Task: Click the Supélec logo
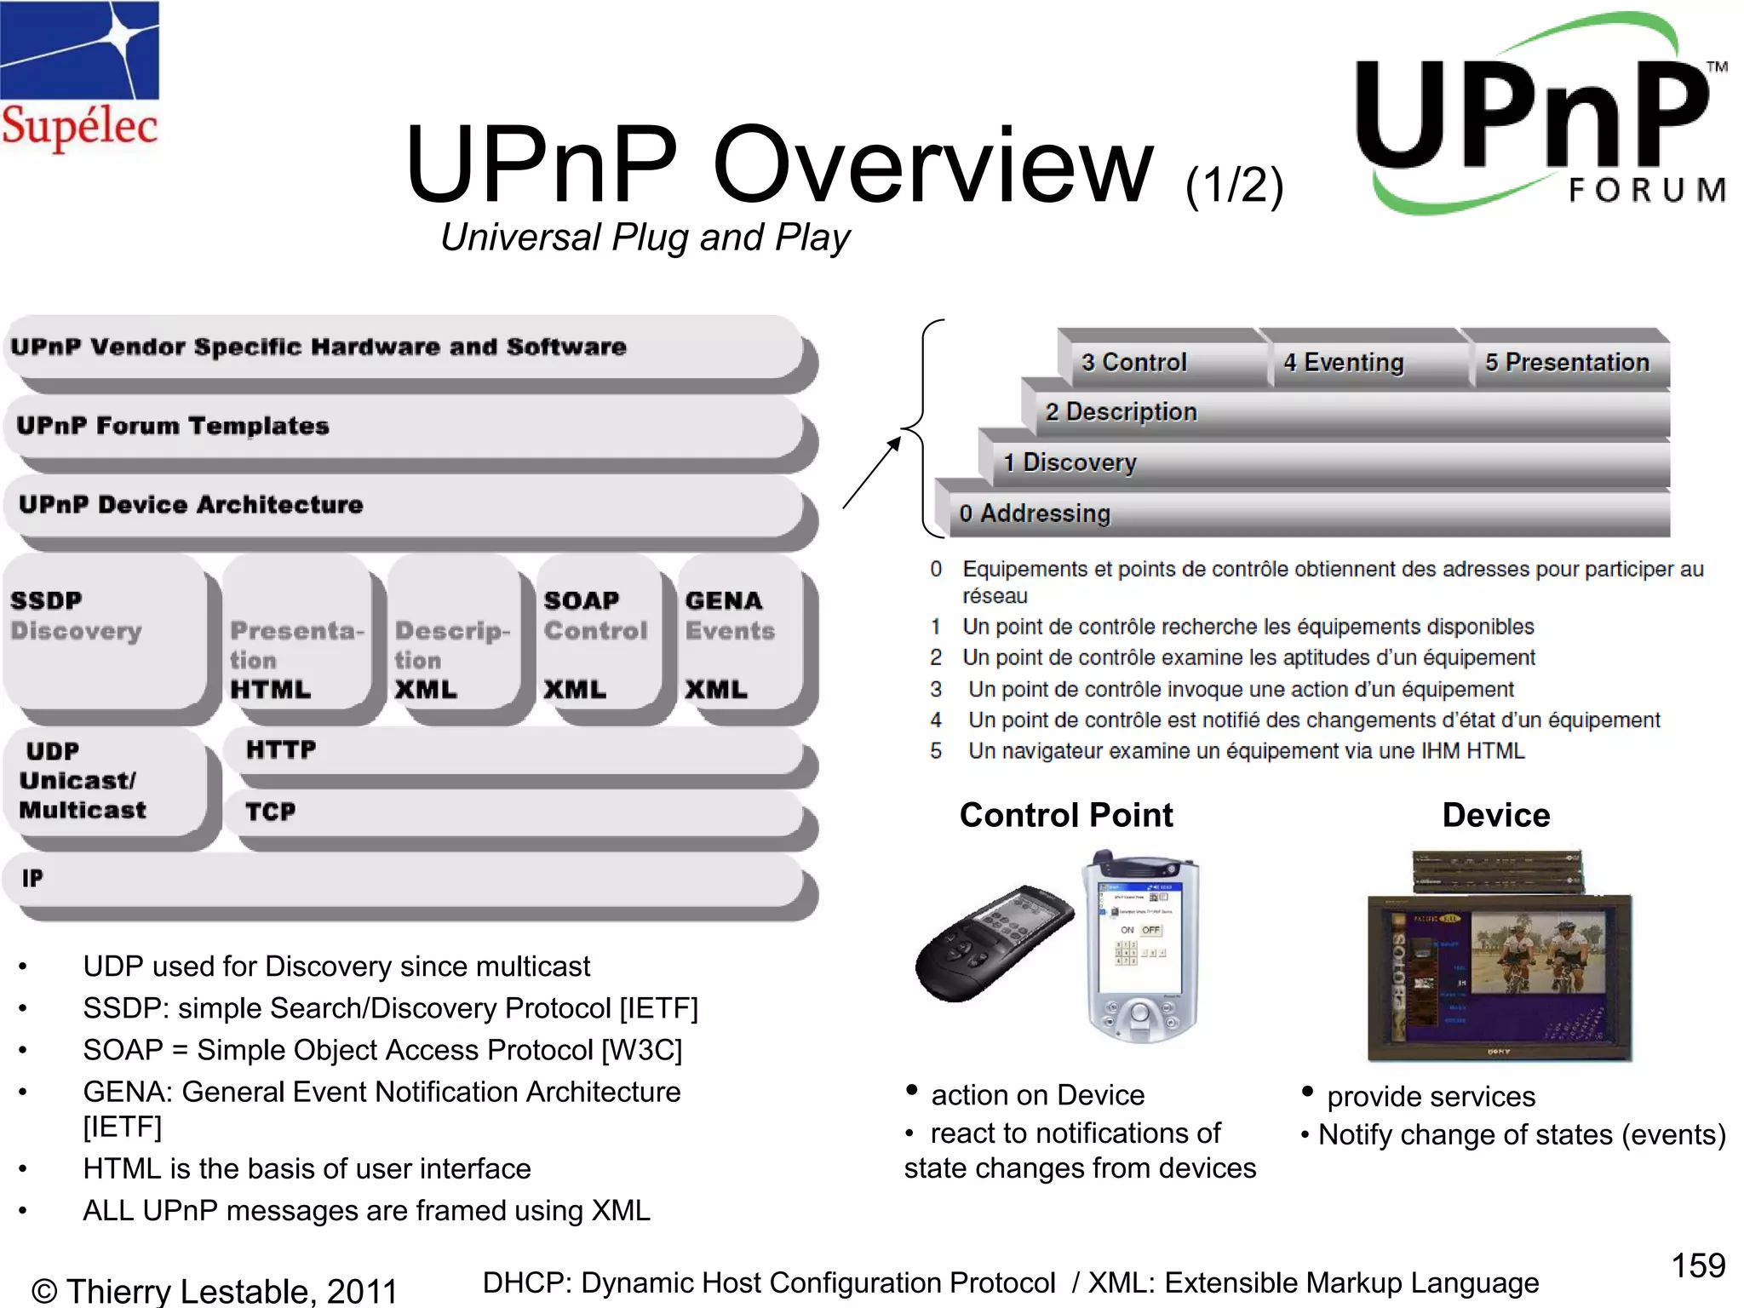click(x=79, y=77)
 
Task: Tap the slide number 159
click(x=1697, y=1265)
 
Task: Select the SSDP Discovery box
click(x=102, y=630)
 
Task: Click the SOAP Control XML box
click(x=595, y=639)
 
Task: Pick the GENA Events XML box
click(x=737, y=639)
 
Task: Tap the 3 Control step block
click(x=1158, y=362)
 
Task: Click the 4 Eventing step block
click(x=1362, y=362)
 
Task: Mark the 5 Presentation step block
click(x=1567, y=362)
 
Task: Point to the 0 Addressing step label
click(x=1035, y=513)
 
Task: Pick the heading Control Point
click(x=1066, y=815)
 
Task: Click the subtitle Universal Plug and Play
click(x=645, y=238)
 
